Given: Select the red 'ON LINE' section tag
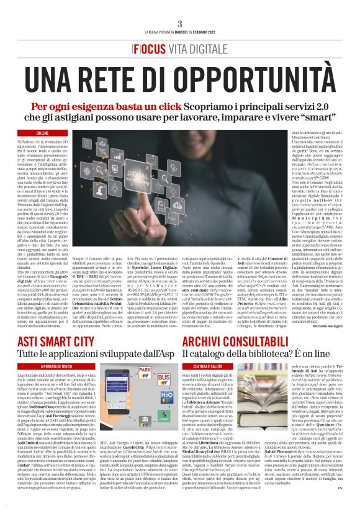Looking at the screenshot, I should click(x=43, y=133).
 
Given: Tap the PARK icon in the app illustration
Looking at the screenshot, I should click(x=163, y=375).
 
